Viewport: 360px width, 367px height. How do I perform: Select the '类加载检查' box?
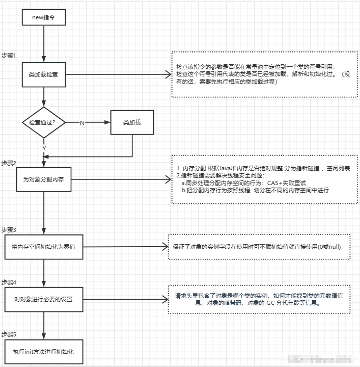pos(44,74)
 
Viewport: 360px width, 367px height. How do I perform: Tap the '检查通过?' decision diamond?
pos(44,122)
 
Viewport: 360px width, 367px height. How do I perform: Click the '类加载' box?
pos(132,123)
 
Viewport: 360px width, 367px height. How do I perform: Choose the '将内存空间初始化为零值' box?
pos(44,246)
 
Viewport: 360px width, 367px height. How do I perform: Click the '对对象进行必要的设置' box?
pos(44,299)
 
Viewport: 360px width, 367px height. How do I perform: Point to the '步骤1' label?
pos(9,55)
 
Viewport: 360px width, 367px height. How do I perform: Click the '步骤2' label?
pos(9,163)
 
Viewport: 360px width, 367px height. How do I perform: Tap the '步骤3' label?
pos(9,229)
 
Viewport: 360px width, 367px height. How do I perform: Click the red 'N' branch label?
pos(82,123)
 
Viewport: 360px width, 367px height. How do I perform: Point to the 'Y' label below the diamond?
pos(44,148)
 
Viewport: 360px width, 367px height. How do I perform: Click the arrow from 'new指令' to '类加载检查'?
pos(44,43)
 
